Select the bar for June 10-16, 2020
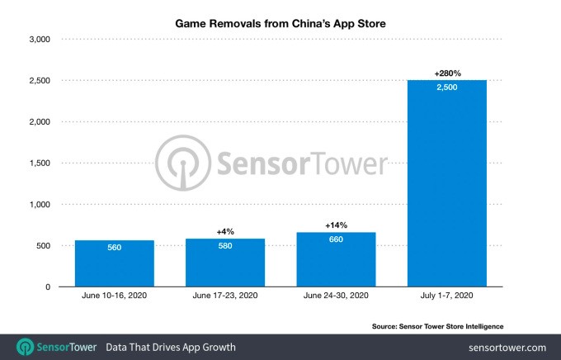point(115,263)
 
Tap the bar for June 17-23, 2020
point(225,263)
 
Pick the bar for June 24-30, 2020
point(336,259)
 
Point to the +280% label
point(446,73)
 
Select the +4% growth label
point(225,232)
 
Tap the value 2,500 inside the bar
point(446,88)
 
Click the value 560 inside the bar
point(115,247)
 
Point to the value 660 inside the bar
point(336,240)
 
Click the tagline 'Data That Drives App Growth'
point(171,348)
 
